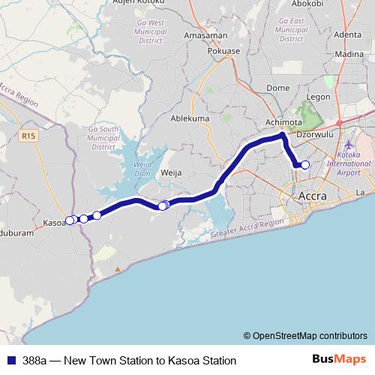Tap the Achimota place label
click(x=283, y=122)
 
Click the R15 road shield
click(x=29, y=136)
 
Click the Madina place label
click(x=347, y=54)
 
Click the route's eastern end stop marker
click(x=305, y=165)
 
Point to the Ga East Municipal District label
click(x=291, y=28)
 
